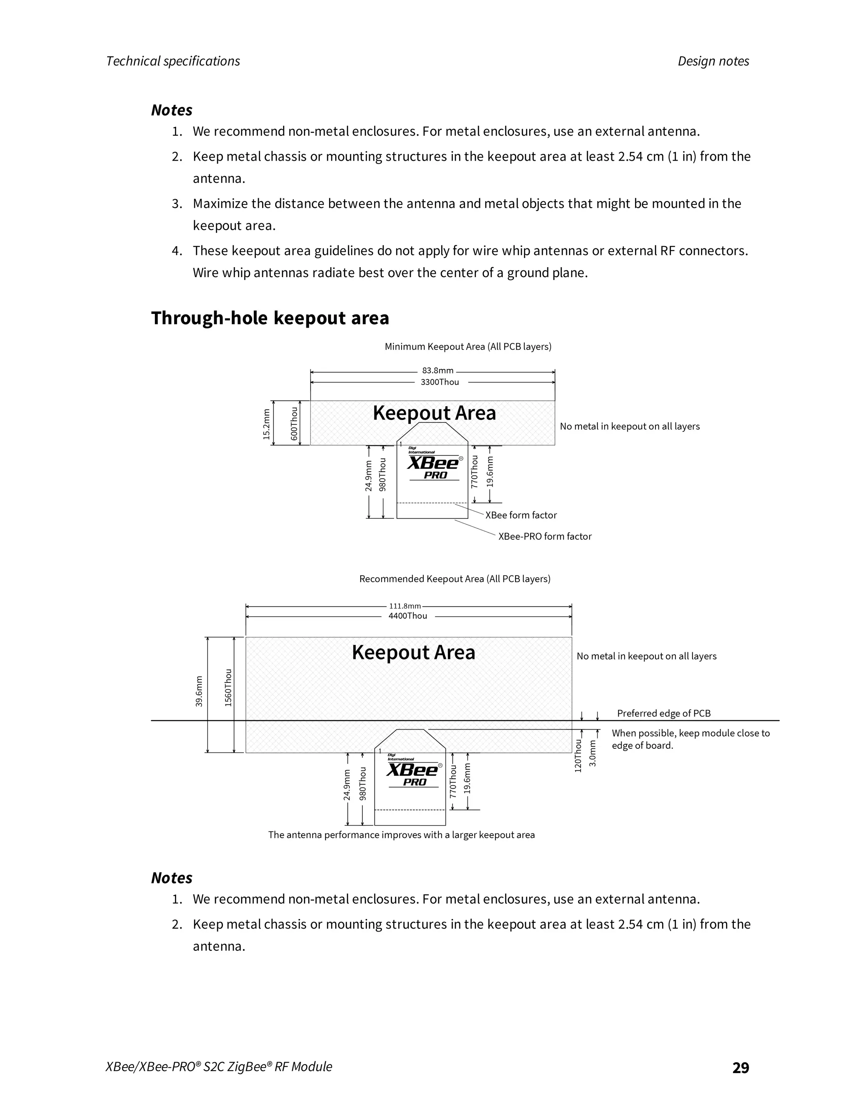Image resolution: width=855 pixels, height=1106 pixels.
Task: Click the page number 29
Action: click(x=741, y=1068)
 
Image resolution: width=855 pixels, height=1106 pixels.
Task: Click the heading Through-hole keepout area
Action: click(x=270, y=318)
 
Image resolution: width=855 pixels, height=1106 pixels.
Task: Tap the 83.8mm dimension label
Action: click(x=438, y=371)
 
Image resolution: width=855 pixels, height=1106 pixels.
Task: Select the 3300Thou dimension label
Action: click(x=440, y=382)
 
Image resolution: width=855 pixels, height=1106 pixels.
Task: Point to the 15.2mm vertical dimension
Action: click(x=266, y=424)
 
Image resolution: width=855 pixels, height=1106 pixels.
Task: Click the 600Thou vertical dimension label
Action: click(x=294, y=423)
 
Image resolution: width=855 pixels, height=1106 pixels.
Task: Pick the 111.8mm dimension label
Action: click(x=405, y=606)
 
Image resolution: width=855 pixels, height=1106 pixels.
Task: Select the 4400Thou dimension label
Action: click(x=408, y=616)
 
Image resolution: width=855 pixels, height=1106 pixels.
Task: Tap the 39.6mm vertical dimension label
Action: click(x=199, y=691)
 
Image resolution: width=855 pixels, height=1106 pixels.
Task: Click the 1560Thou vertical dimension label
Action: click(x=228, y=687)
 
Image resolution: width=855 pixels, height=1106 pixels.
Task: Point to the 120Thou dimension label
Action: click(x=577, y=755)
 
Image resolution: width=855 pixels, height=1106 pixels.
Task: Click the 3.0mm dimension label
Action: click(x=593, y=753)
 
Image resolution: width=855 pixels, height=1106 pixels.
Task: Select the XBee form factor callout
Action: click(x=521, y=515)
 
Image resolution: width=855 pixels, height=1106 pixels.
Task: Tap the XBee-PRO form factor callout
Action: click(x=544, y=536)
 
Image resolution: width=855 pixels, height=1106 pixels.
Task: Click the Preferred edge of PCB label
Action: click(x=663, y=713)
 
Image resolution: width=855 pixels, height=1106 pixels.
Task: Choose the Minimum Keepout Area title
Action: click(x=468, y=346)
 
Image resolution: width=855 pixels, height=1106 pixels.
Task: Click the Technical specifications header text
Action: click(x=173, y=61)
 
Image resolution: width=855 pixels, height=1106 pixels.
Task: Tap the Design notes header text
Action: click(x=713, y=61)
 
